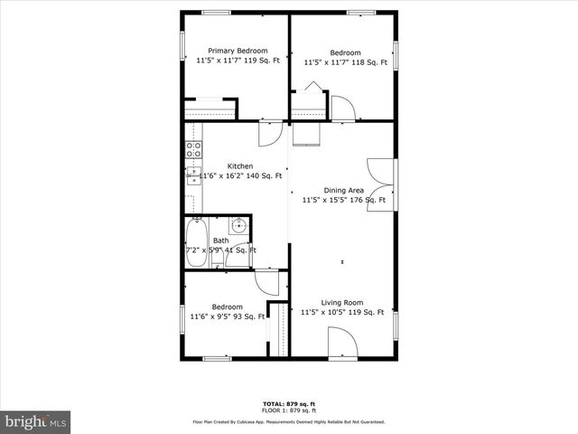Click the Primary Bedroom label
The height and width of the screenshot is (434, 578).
coord(238,51)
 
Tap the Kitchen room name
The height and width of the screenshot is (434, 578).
coord(239,165)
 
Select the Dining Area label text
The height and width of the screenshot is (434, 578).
coord(343,190)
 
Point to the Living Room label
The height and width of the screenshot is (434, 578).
coord(343,302)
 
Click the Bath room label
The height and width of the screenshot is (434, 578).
coord(221,241)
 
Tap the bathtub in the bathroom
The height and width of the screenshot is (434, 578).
coord(196,242)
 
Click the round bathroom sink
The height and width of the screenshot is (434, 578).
coord(239,225)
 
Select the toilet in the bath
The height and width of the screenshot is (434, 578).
coord(218,259)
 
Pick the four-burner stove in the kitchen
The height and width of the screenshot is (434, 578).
coord(193,150)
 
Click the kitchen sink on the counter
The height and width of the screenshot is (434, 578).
coord(193,175)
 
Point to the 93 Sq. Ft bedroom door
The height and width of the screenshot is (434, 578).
coord(267,283)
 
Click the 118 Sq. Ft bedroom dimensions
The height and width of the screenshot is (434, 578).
coord(345,62)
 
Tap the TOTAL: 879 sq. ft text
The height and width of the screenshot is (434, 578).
coord(289,403)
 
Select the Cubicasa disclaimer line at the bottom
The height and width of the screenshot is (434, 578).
coord(289,421)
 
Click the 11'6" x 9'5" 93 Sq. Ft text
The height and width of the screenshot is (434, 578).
coord(228,316)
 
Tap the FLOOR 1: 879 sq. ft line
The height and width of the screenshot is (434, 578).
coord(289,410)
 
